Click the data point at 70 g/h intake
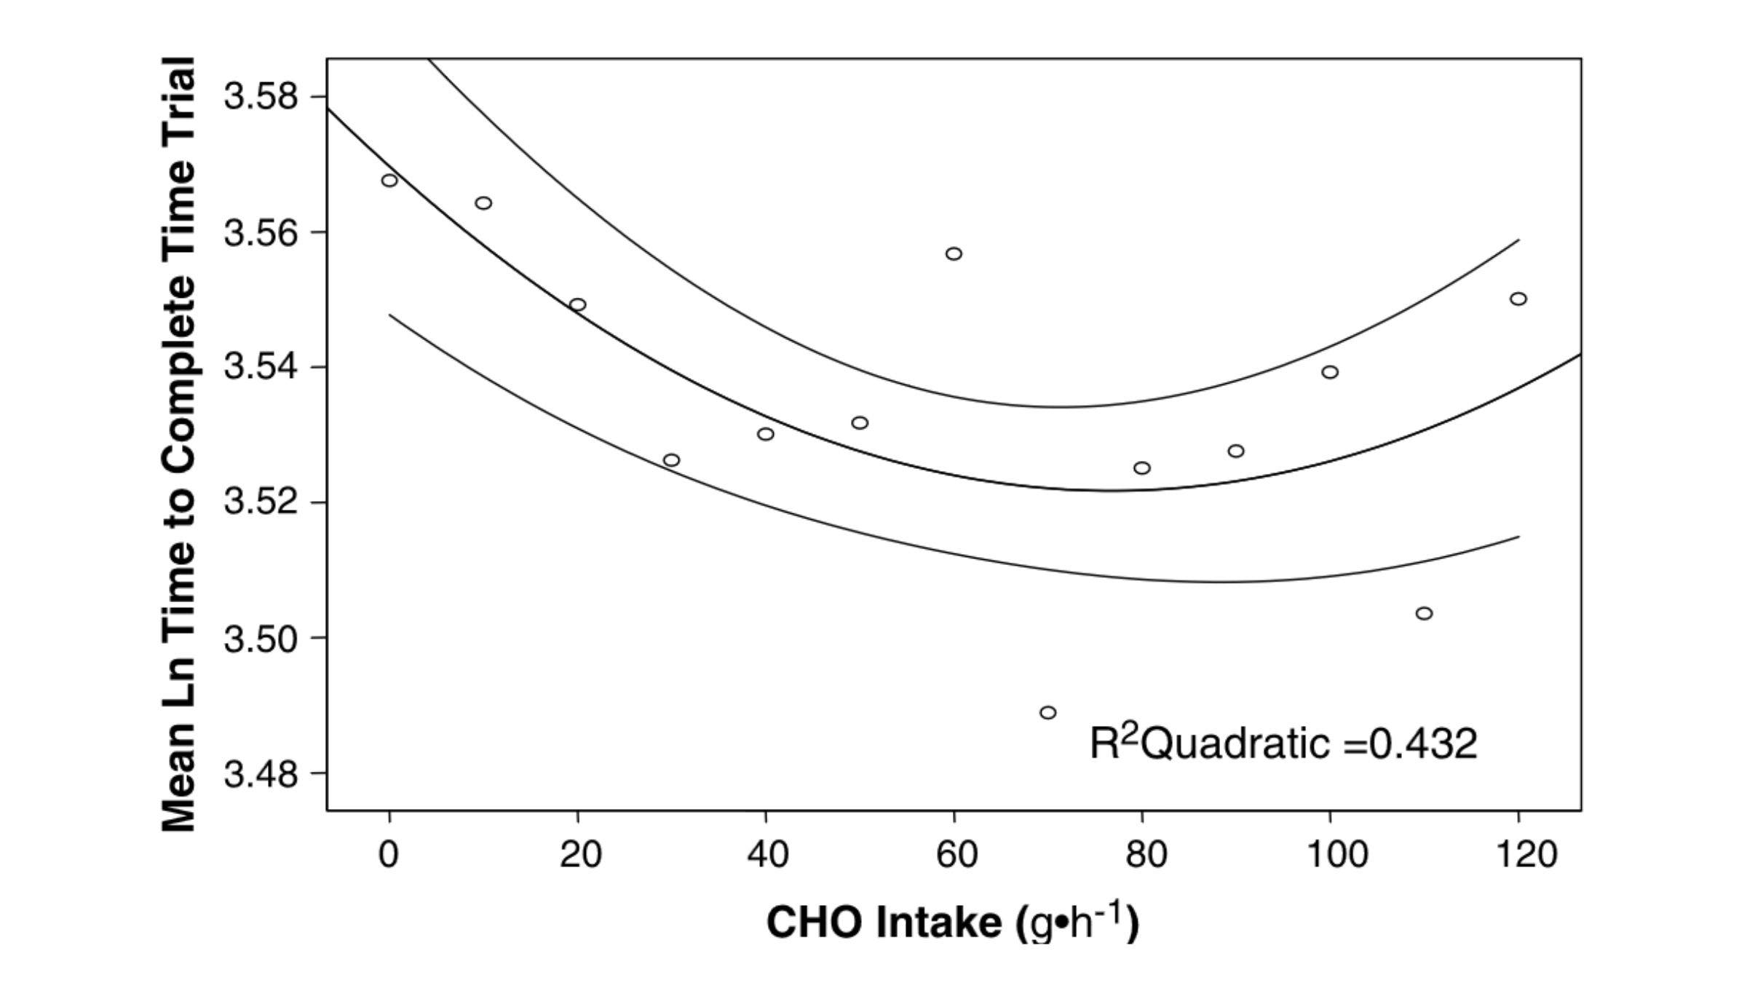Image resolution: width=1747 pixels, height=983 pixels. (1047, 712)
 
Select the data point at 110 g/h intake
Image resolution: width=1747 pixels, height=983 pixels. (1424, 613)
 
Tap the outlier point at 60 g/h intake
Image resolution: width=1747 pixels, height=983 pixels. (954, 253)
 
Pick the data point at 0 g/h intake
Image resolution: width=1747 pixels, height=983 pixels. (389, 180)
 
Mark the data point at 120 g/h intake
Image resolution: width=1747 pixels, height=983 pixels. (1518, 299)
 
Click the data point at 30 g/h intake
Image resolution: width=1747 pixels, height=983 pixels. (671, 460)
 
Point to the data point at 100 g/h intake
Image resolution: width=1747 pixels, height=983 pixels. (1330, 372)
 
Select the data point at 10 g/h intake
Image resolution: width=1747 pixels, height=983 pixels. (483, 202)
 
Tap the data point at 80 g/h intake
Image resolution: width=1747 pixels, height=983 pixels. (1142, 467)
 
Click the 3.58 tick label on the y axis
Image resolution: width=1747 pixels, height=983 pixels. (261, 97)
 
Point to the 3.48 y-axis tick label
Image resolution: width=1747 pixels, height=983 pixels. (261, 774)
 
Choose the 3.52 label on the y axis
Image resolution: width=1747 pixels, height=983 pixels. (261, 502)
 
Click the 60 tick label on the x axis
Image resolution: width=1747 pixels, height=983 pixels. (956, 853)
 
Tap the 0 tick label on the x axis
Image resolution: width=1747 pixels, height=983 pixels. (389, 853)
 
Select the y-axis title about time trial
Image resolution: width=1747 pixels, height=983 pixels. (178, 444)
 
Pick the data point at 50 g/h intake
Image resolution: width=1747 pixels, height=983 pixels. (860, 423)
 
